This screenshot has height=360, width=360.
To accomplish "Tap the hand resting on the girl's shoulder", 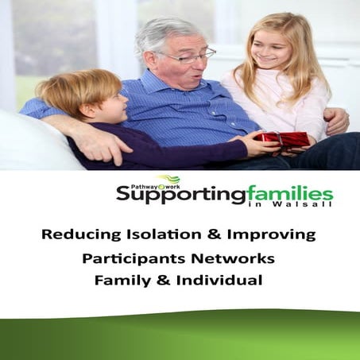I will (336, 120).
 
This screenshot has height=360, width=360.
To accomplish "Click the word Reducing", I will (79, 234).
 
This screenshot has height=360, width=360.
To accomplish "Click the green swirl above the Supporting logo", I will (168, 180).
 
